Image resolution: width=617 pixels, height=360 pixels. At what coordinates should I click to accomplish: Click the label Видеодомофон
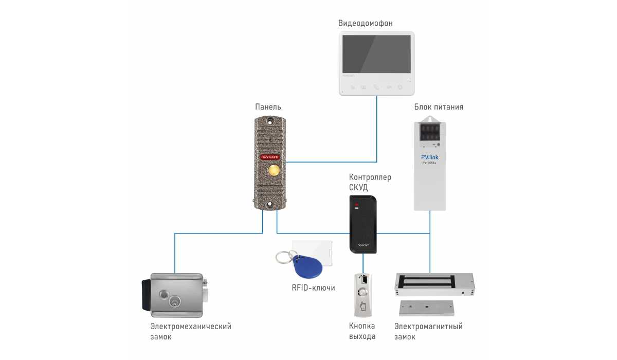(x=365, y=24)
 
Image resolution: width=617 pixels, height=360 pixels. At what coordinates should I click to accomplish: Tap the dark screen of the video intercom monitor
(x=376, y=54)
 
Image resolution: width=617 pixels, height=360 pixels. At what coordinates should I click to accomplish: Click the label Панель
(x=268, y=107)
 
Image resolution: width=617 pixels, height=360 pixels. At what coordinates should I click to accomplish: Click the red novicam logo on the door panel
(x=270, y=157)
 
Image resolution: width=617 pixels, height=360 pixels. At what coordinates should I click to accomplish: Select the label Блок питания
(x=439, y=107)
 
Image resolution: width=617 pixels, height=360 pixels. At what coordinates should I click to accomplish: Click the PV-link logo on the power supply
(x=430, y=157)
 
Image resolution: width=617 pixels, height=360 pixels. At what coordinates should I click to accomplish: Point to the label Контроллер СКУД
(x=370, y=182)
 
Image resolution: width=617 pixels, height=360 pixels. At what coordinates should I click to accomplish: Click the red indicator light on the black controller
(x=357, y=205)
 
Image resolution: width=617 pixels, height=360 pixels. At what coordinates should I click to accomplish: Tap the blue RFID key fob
(x=307, y=266)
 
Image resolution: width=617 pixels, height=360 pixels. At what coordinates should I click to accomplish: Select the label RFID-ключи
(x=314, y=288)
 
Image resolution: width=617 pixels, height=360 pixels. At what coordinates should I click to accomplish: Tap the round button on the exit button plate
(x=363, y=292)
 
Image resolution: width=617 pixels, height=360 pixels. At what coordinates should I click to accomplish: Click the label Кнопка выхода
(x=362, y=331)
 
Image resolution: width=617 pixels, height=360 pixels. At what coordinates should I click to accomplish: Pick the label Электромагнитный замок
(x=428, y=332)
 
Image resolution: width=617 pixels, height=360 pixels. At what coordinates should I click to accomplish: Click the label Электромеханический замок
(x=191, y=332)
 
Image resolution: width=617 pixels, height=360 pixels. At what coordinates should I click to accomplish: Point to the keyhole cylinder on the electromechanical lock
(x=175, y=301)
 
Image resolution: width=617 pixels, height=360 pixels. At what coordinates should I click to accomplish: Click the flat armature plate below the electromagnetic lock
(x=426, y=308)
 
